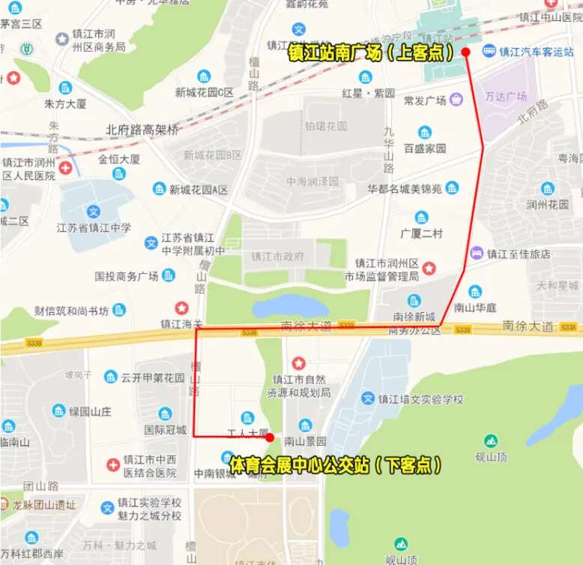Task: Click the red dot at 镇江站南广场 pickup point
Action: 465,52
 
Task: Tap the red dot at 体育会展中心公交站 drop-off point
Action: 269,437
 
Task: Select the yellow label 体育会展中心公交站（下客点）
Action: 334,464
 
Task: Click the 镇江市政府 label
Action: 278,257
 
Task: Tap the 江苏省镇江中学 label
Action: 94,228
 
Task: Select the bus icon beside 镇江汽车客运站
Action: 489,51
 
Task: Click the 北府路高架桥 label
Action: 142,129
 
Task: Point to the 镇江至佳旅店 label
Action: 519,254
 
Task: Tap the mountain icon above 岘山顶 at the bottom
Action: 401,543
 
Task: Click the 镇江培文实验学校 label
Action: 420,399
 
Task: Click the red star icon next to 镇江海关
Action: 181,308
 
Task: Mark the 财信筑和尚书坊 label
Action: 71,311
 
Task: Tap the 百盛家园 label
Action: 425,149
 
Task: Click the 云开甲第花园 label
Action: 153,377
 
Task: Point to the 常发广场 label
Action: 425,101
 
